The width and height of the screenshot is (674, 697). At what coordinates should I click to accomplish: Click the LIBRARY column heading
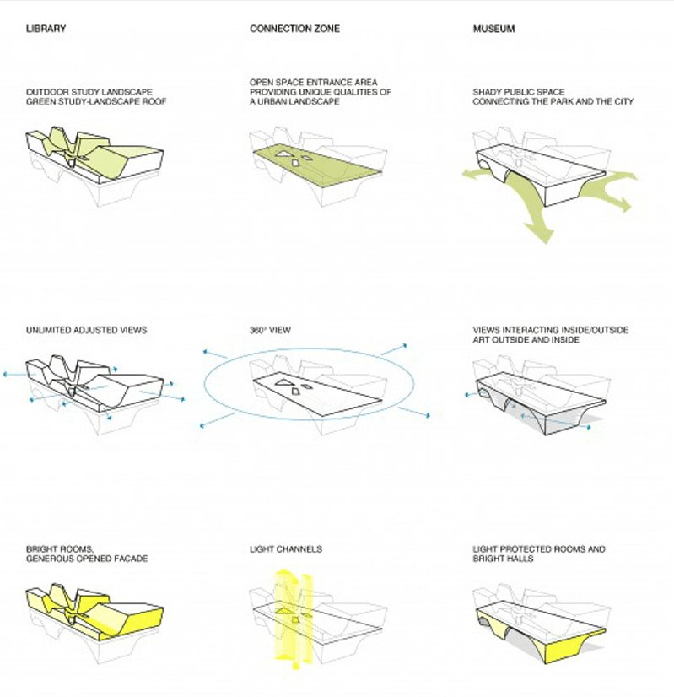pos(46,30)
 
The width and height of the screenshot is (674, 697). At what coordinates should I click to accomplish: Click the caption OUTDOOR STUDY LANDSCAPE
pos(84,91)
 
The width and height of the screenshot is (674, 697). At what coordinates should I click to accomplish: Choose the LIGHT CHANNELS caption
pos(285,549)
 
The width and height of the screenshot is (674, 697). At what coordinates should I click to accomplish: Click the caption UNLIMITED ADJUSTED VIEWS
pos(86,330)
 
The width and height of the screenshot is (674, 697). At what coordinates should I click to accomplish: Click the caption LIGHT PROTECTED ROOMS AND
pos(538,549)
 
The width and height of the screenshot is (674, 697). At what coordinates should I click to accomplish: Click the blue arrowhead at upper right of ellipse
pos(403,345)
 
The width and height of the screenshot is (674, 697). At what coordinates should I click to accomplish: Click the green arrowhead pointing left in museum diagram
pos(466,174)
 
